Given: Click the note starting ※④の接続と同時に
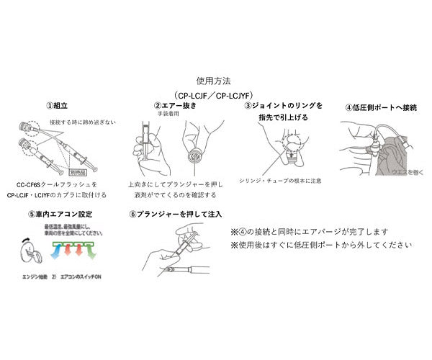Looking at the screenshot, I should click(310, 232).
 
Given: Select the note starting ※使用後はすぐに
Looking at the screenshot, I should click(321, 245).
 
